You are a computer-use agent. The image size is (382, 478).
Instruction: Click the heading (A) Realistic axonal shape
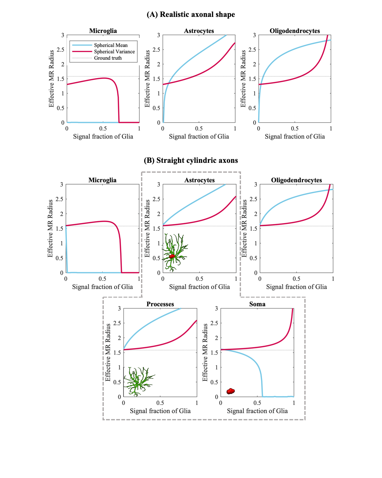(x=191, y=14)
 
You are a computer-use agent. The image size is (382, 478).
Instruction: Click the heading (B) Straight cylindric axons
(x=191, y=160)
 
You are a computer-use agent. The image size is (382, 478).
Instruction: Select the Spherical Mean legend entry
(x=110, y=45)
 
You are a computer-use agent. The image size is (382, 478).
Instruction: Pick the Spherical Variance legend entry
(x=114, y=52)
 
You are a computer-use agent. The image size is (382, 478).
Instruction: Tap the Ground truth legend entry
(x=108, y=58)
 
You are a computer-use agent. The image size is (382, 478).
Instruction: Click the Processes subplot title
(x=160, y=304)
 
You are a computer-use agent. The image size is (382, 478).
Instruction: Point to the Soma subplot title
(x=257, y=304)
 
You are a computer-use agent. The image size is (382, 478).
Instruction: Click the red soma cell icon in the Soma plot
(x=230, y=391)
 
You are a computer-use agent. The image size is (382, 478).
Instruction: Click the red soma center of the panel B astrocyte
(x=172, y=256)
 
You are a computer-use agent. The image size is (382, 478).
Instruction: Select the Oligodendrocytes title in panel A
(x=295, y=31)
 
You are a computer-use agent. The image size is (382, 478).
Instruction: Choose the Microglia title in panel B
(x=103, y=180)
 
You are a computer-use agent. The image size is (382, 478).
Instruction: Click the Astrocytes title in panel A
(x=199, y=31)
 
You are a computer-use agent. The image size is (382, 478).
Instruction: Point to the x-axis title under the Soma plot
(x=257, y=411)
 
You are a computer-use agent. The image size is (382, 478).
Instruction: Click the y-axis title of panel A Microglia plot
(x=51, y=79)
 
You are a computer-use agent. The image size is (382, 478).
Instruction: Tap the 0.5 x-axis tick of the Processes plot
(x=160, y=403)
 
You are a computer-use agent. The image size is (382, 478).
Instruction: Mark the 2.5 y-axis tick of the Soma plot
(x=216, y=323)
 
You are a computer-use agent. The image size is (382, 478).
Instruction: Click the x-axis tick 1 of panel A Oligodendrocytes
(x=331, y=128)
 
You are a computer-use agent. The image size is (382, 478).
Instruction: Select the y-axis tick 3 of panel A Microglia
(x=63, y=35)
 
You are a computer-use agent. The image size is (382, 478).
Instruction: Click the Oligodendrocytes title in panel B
(x=296, y=180)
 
